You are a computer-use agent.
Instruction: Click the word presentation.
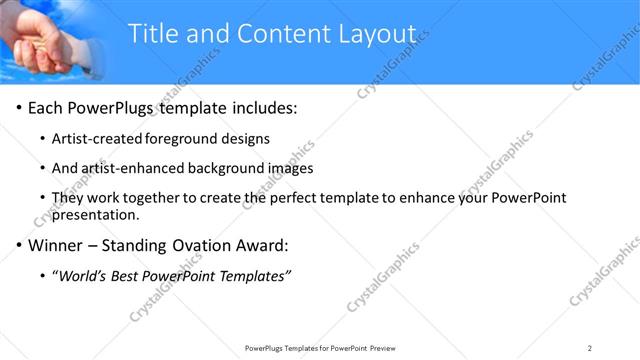[x=95, y=214]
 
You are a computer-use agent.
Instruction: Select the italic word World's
[x=83, y=275]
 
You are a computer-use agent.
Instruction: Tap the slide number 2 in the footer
[x=590, y=347]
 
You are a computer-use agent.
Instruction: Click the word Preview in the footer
[x=386, y=347]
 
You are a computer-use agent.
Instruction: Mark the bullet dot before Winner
[x=19, y=245]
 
